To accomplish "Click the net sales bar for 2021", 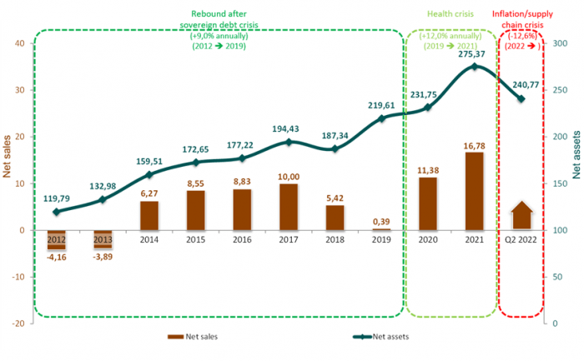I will point(475,191).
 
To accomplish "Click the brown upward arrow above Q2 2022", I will point(521,215).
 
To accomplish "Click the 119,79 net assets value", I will point(56,199).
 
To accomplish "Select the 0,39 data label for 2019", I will point(380,221).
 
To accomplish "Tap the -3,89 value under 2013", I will point(102,258).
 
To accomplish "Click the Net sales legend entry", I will point(197,337).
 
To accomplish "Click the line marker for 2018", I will point(334,149).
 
